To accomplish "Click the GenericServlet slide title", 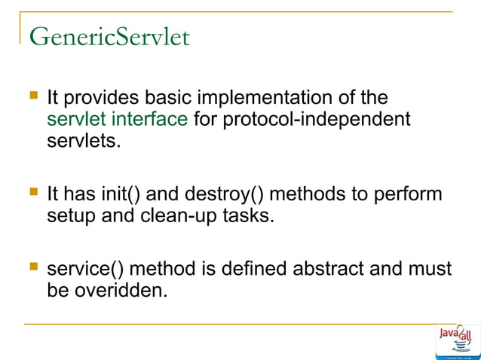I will (110, 36).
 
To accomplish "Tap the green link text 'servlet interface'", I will (117, 119).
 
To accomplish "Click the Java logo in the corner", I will (457, 342).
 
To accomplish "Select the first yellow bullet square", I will (32, 96).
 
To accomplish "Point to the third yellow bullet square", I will (32, 267).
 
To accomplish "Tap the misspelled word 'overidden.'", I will (120, 290).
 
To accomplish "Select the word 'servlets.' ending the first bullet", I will (83, 140).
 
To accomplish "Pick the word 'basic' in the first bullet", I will (164, 98).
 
